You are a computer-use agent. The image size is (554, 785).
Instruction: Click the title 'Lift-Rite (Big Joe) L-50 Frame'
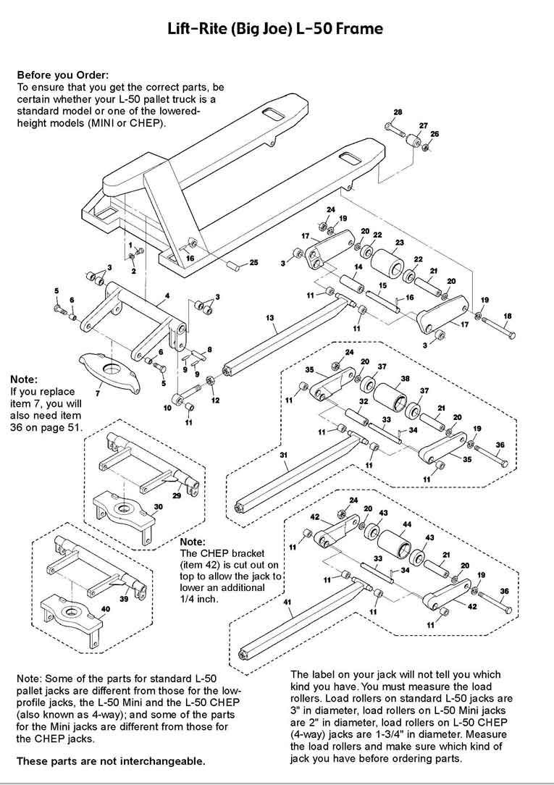[276, 29]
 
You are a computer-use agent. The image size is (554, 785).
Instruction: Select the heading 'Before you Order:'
[62, 75]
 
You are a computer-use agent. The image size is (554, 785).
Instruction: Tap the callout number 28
[398, 112]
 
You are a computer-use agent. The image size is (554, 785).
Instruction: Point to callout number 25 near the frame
[253, 262]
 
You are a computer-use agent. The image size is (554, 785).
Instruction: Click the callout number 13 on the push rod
[270, 317]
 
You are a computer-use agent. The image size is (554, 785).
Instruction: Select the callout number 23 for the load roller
[399, 242]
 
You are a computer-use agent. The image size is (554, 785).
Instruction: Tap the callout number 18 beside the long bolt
[507, 316]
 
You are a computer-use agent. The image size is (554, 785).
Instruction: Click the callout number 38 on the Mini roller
[405, 379]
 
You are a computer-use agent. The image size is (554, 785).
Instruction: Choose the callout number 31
[284, 454]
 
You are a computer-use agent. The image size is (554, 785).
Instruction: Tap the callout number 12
[215, 399]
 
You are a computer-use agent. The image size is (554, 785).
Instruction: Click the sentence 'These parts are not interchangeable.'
[111, 761]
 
